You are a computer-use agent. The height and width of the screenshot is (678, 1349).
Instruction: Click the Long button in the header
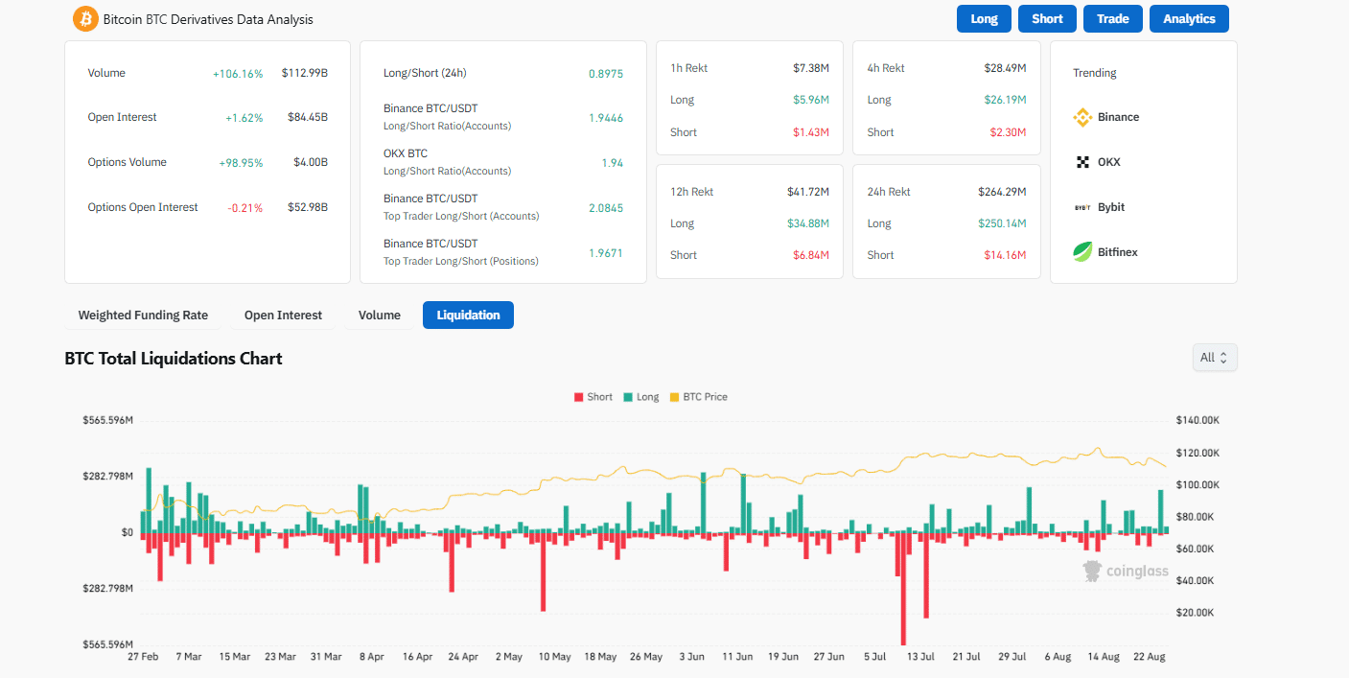pyautogui.click(x=984, y=19)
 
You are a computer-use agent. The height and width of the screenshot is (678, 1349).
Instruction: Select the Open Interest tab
pyautogui.click(x=283, y=315)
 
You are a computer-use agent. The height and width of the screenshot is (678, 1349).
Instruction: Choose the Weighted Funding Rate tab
pyautogui.click(x=143, y=315)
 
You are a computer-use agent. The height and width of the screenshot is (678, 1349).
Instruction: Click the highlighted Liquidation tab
pyautogui.click(x=468, y=315)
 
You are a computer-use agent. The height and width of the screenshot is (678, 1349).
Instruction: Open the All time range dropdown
pyautogui.click(x=1214, y=358)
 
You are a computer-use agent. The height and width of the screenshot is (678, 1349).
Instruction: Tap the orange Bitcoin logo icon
pyautogui.click(x=86, y=19)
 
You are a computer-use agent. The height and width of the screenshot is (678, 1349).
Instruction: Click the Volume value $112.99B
pyautogui.click(x=304, y=73)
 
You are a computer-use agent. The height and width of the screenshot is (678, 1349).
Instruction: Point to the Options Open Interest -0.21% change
pyautogui.click(x=246, y=208)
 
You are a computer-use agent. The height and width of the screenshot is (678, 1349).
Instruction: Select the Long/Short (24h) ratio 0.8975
pyautogui.click(x=605, y=73)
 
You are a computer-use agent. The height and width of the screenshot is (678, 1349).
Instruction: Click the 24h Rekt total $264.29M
pyautogui.click(x=1002, y=192)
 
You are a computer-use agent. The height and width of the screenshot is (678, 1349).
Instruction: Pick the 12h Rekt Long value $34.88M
pyautogui.click(x=805, y=223)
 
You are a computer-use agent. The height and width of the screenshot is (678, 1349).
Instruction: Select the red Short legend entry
pyautogui.click(x=593, y=397)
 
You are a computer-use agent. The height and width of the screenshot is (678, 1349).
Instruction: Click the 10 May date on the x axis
pyautogui.click(x=554, y=657)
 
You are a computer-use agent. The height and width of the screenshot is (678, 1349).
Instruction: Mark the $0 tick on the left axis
pyautogui.click(x=127, y=532)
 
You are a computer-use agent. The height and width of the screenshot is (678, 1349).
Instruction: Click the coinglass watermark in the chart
pyautogui.click(x=1127, y=572)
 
